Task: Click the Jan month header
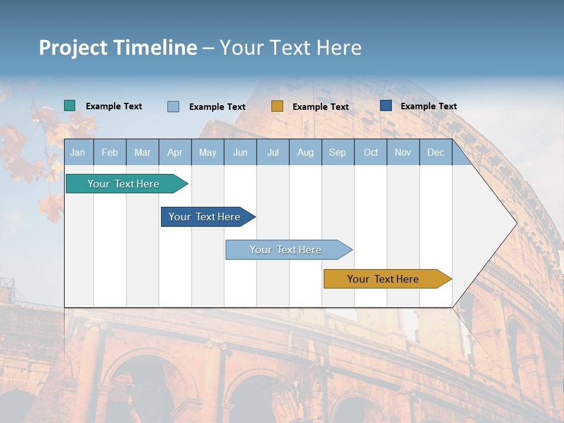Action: [78, 152]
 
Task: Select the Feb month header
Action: [110, 152]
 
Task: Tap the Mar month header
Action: [142, 152]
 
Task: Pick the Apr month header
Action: [175, 152]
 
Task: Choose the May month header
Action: [207, 152]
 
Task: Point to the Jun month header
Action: [240, 152]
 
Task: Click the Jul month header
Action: [273, 152]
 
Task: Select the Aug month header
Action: [305, 152]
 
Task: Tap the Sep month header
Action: [338, 152]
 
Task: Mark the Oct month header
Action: [371, 152]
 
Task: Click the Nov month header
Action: [403, 152]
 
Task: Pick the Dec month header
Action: [436, 152]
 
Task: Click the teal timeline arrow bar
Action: [124, 184]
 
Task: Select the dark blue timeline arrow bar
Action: [205, 217]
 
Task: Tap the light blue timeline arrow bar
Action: [286, 250]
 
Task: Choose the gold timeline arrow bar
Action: [384, 279]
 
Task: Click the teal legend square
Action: [70, 106]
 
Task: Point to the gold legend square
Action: [277, 106]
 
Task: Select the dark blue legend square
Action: [386, 106]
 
